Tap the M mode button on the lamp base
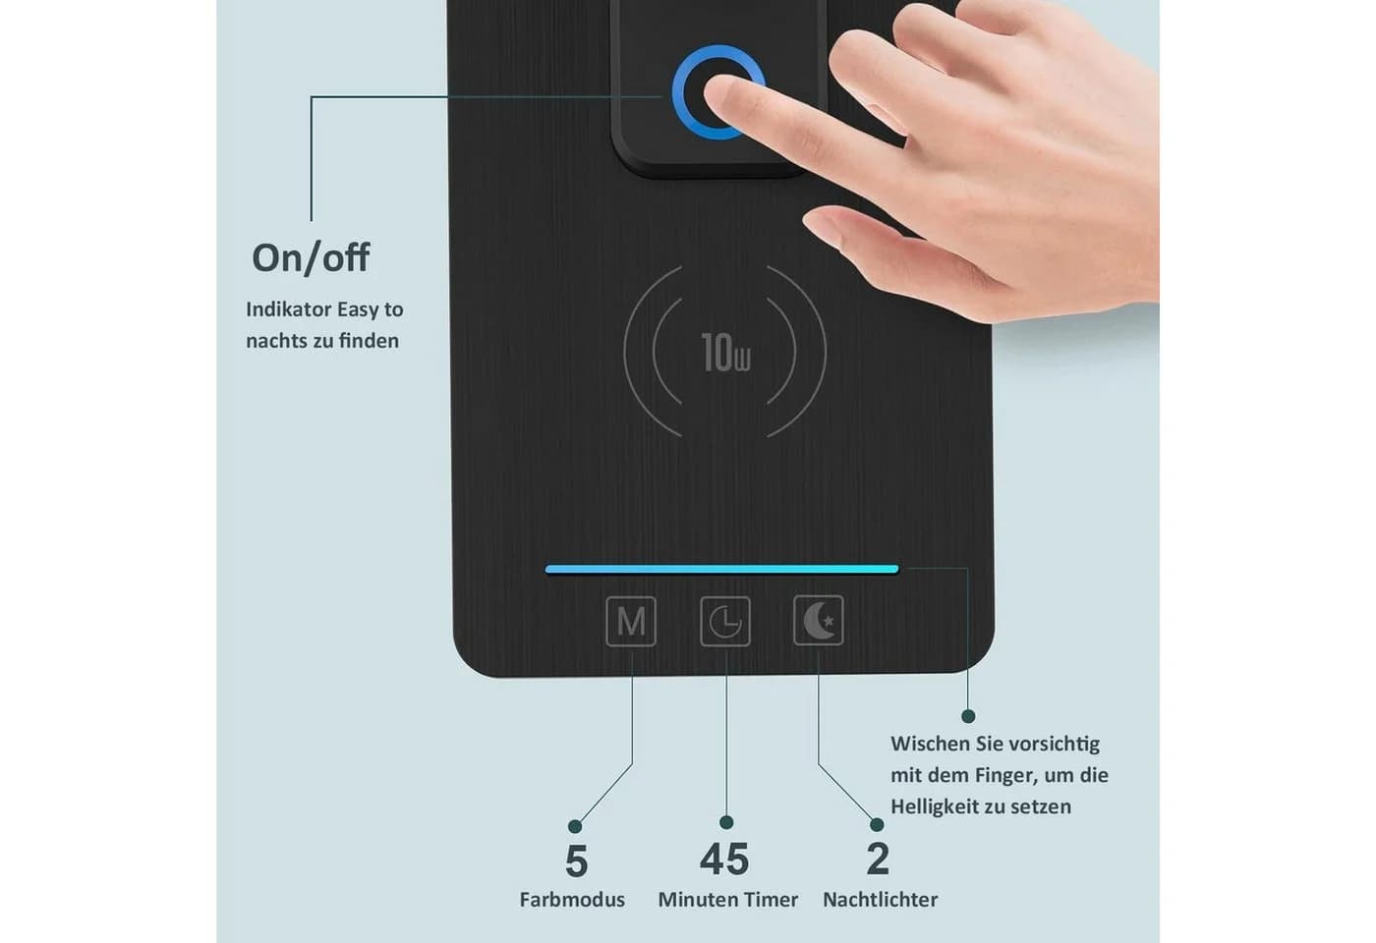coord(631,621)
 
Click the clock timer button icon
coord(725,621)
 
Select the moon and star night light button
coord(819,620)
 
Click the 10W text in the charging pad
coord(725,353)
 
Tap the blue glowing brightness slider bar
coord(721,569)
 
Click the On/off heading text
coord(311,257)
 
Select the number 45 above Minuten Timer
coord(725,859)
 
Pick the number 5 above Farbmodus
coord(576,860)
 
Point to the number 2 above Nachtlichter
coord(878,859)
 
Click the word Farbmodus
coord(572,900)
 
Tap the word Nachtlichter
coord(881,900)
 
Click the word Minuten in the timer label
coord(699,900)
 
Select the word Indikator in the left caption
coord(289,309)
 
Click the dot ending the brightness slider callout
coord(969,716)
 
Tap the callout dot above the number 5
coord(575,826)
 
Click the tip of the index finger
coord(709,92)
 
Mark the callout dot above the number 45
coord(726,822)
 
